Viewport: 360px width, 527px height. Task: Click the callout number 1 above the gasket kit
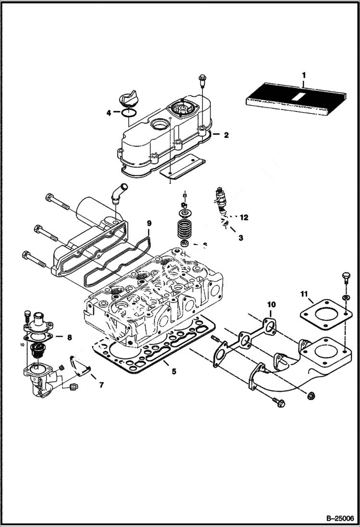[x=303, y=75]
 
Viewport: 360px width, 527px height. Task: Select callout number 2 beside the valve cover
[x=226, y=135]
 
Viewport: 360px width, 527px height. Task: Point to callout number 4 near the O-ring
[x=109, y=113]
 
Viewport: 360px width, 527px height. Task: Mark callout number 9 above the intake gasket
[x=149, y=223]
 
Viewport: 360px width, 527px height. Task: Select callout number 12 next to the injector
[x=244, y=218]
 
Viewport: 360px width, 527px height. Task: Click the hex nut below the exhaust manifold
[x=310, y=396]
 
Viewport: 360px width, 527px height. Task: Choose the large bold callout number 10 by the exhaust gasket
[x=272, y=304]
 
